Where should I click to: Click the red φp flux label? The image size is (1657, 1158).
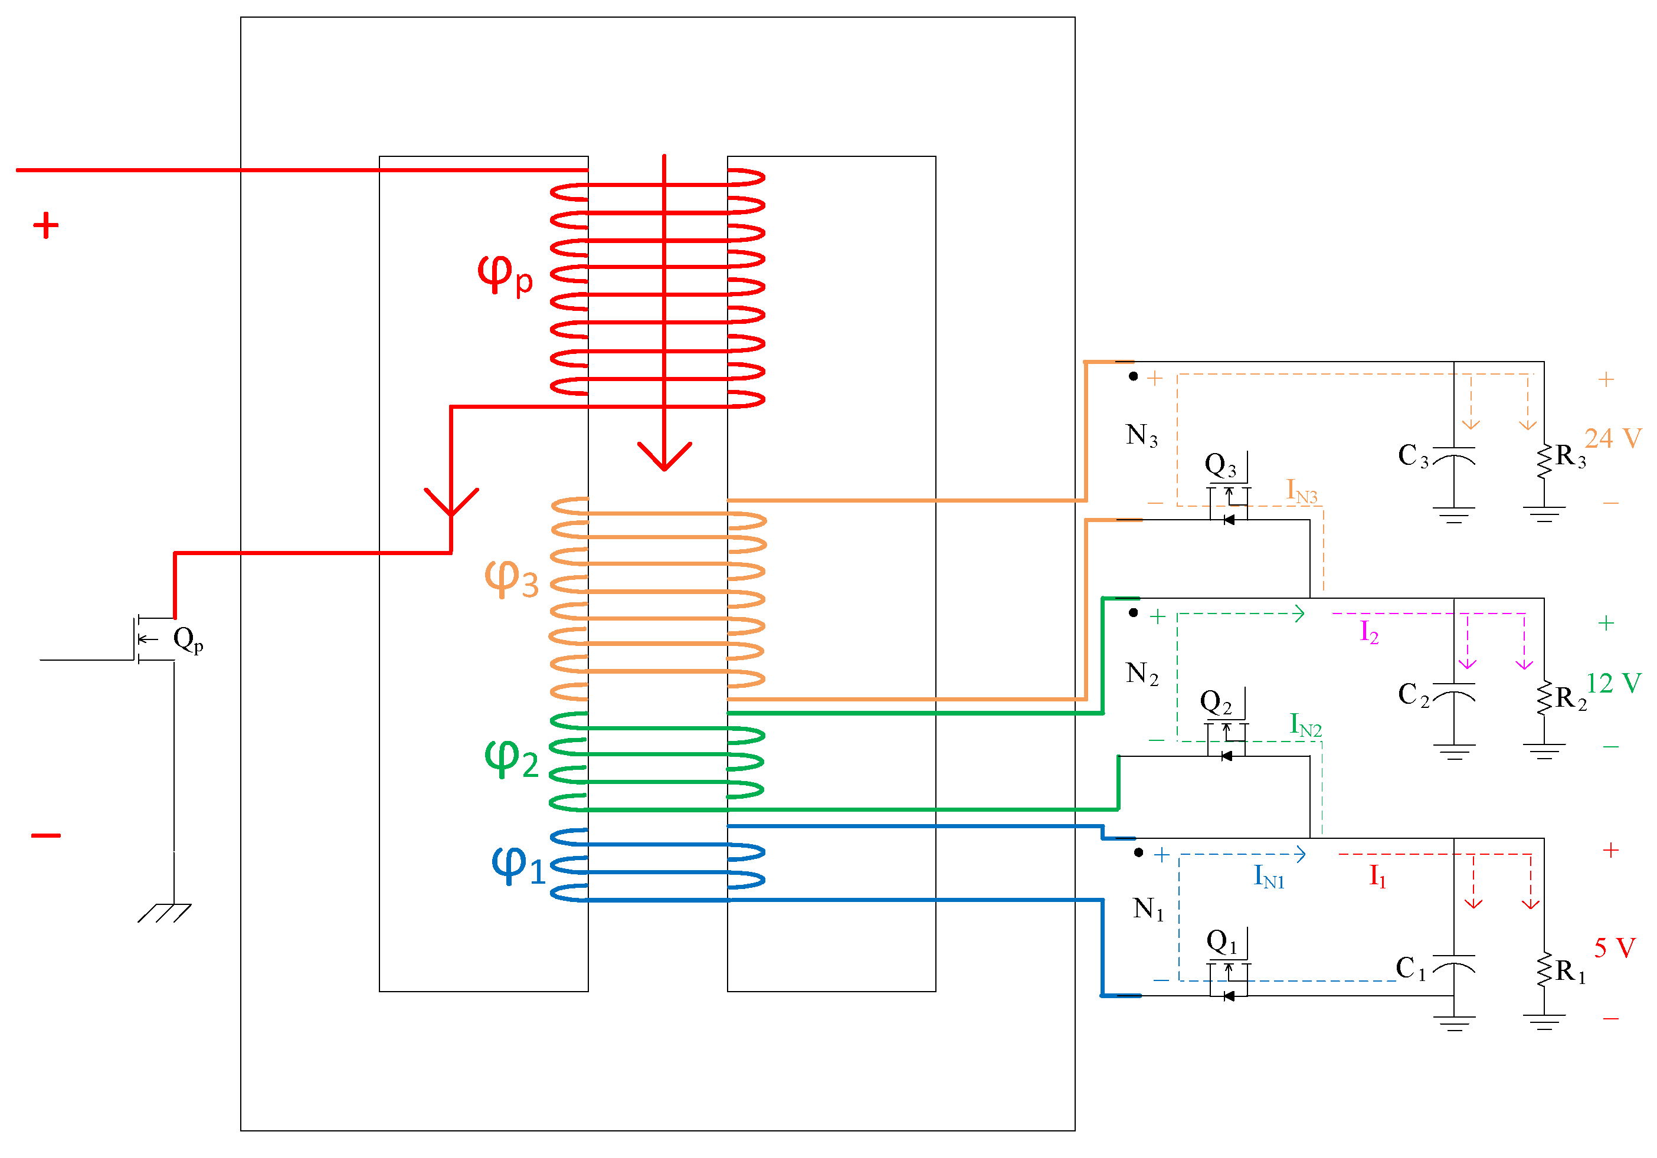(x=505, y=274)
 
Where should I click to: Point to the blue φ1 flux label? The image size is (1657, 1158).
(x=517, y=864)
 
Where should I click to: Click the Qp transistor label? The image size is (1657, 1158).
(x=188, y=639)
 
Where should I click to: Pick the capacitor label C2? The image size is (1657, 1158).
(x=1412, y=695)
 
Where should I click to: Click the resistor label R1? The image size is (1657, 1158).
(x=1570, y=971)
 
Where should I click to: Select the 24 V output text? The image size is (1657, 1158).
(x=1612, y=438)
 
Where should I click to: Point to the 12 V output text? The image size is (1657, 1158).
(x=1613, y=683)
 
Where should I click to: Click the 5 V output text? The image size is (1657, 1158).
(x=1614, y=948)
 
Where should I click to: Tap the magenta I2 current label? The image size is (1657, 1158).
(x=1369, y=631)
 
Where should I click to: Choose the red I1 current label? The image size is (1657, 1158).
(x=1377, y=876)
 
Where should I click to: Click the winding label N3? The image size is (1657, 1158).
(x=1141, y=435)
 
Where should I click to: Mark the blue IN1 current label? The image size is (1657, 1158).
(x=1269, y=877)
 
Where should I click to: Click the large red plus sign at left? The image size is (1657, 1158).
(x=45, y=225)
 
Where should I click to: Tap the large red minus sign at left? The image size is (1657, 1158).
(x=45, y=835)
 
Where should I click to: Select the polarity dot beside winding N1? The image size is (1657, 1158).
(x=1138, y=853)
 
